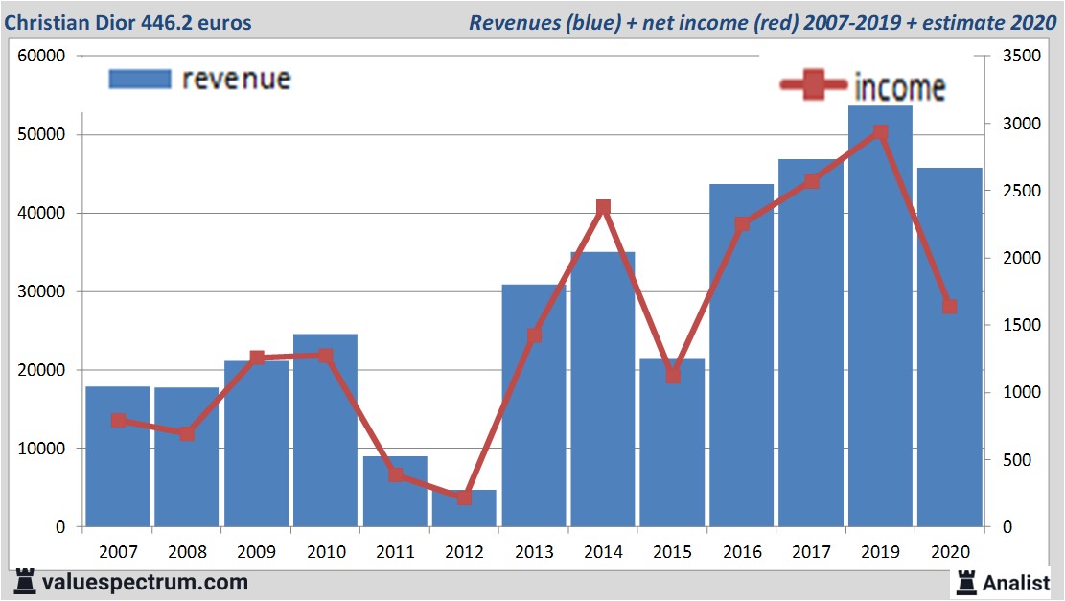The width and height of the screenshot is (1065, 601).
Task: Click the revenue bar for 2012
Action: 464,509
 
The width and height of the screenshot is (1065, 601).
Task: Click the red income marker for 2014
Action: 603,208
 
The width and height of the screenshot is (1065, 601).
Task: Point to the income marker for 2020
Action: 949,307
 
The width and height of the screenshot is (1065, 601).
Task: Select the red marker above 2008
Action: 187,433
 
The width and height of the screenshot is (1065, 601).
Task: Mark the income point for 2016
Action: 742,224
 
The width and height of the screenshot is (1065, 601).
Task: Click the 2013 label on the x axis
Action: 534,553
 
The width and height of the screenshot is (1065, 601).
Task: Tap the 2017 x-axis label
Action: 811,553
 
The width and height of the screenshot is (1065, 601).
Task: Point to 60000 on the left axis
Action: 41,57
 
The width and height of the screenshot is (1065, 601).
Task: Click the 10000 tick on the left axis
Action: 41,449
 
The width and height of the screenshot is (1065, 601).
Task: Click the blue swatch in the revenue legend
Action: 140,79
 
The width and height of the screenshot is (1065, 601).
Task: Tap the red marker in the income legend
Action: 815,85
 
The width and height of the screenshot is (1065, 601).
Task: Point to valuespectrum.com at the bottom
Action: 145,582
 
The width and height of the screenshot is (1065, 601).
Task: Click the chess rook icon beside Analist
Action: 966,582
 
